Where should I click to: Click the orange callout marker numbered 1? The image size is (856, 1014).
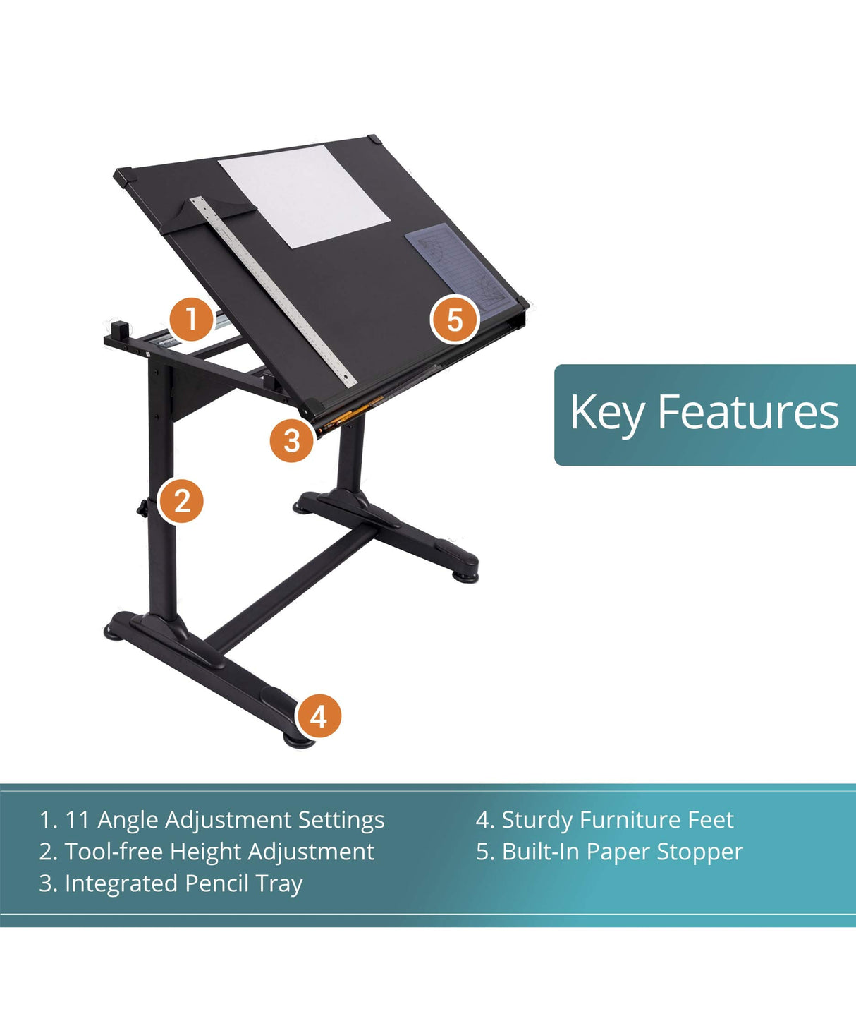(191, 319)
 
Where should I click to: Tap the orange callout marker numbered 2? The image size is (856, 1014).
(181, 501)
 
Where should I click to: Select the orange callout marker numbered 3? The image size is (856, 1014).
(292, 440)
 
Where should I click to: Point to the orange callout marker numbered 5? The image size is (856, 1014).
(455, 320)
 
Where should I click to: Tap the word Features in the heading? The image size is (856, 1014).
(747, 412)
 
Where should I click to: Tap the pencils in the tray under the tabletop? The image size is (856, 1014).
(353, 412)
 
